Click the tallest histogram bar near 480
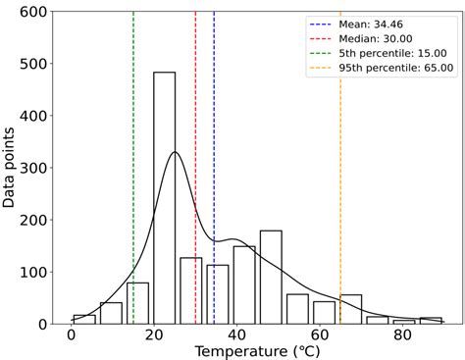pyautogui.click(x=164, y=196)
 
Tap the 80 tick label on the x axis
pyautogui.click(x=401, y=335)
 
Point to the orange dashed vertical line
pyautogui.click(x=340, y=147)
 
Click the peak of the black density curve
pyautogui.click(x=175, y=152)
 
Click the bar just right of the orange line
pyautogui.click(x=351, y=309)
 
